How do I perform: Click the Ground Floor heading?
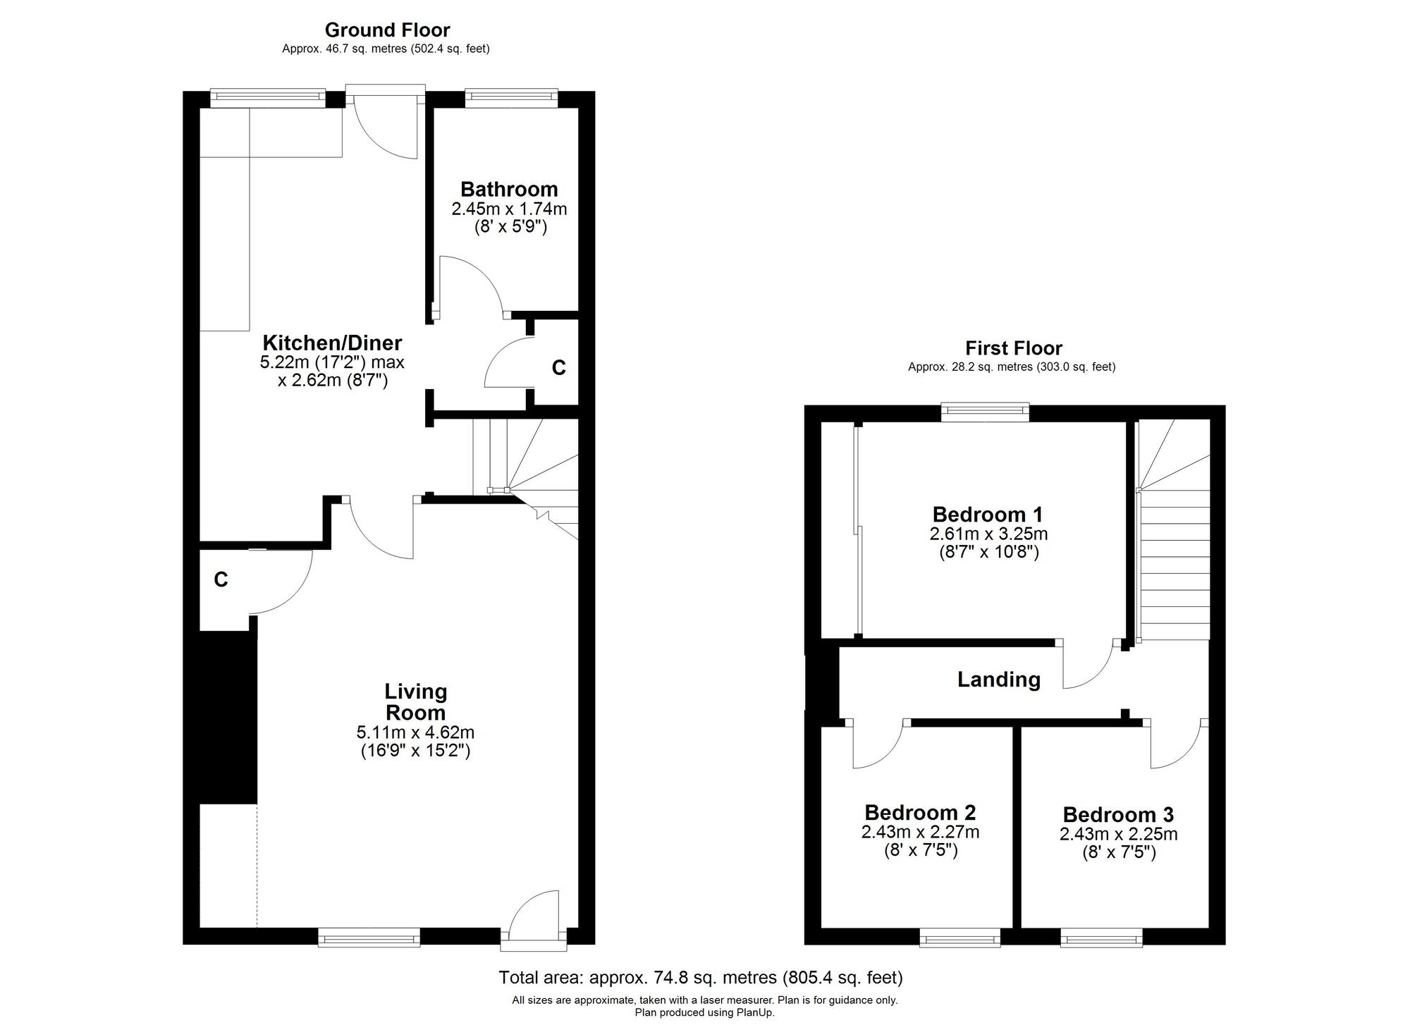[x=387, y=30]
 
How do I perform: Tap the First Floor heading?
[x=1013, y=348]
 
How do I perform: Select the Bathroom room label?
[x=508, y=189]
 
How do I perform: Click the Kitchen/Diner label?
[x=332, y=343]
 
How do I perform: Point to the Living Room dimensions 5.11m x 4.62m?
[x=415, y=733]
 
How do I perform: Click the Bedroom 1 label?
[x=987, y=515]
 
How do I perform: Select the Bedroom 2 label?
[x=920, y=813]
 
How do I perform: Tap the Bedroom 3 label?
[x=1118, y=815]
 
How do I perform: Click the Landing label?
[x=998, y=680]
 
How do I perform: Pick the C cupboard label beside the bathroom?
[x=558, y=367]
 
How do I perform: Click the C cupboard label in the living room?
[x=221, y=579]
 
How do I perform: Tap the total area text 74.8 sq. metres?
[x=700, y=978]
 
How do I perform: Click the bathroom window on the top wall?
[x=511, y=97]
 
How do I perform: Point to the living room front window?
[x=369, y=938]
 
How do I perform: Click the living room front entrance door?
[x=534, y=916]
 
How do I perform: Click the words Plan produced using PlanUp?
[x=704, y=1013]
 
